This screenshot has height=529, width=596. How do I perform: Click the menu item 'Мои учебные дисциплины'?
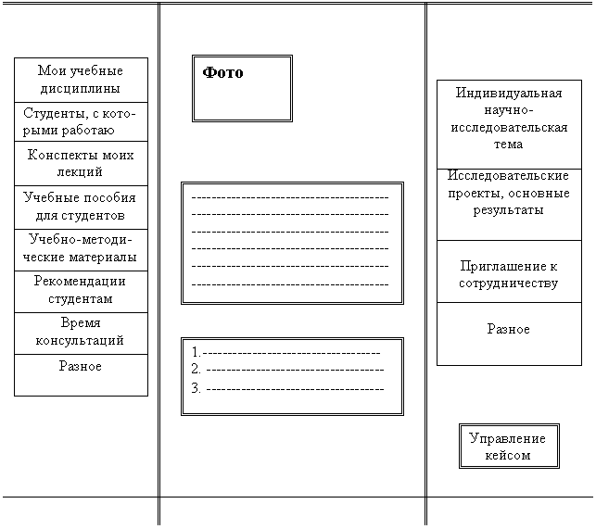pos(81,80)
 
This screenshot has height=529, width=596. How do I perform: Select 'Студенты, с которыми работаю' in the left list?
pos(81,121)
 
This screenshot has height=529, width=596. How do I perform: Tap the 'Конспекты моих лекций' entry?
pos(81,163)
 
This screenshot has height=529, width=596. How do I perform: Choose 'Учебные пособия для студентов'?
pos(81,207)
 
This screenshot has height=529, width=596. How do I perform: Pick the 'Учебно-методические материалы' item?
pos(81,248)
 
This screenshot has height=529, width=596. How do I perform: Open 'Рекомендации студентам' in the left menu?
pos(81,290)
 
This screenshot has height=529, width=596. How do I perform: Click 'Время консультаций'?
pos(81,332)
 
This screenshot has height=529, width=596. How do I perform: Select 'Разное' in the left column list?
pos(81,367)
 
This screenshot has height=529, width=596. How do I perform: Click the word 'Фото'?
pos(222,72)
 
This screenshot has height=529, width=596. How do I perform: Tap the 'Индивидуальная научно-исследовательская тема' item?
pos(509,119)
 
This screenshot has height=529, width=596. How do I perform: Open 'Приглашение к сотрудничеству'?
pos(509,274)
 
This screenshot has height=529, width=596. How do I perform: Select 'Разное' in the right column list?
pos(509,329)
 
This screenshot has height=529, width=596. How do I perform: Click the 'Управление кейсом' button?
pos(509,447)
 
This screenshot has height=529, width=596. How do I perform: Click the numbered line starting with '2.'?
pos(287,370)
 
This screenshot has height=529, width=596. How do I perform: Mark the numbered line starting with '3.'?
pos(287,387)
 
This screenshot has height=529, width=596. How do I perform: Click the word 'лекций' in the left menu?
pos(81,172)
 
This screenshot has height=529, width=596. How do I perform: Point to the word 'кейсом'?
pos(509,456)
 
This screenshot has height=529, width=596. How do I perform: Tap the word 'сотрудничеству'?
pos(509,283)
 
